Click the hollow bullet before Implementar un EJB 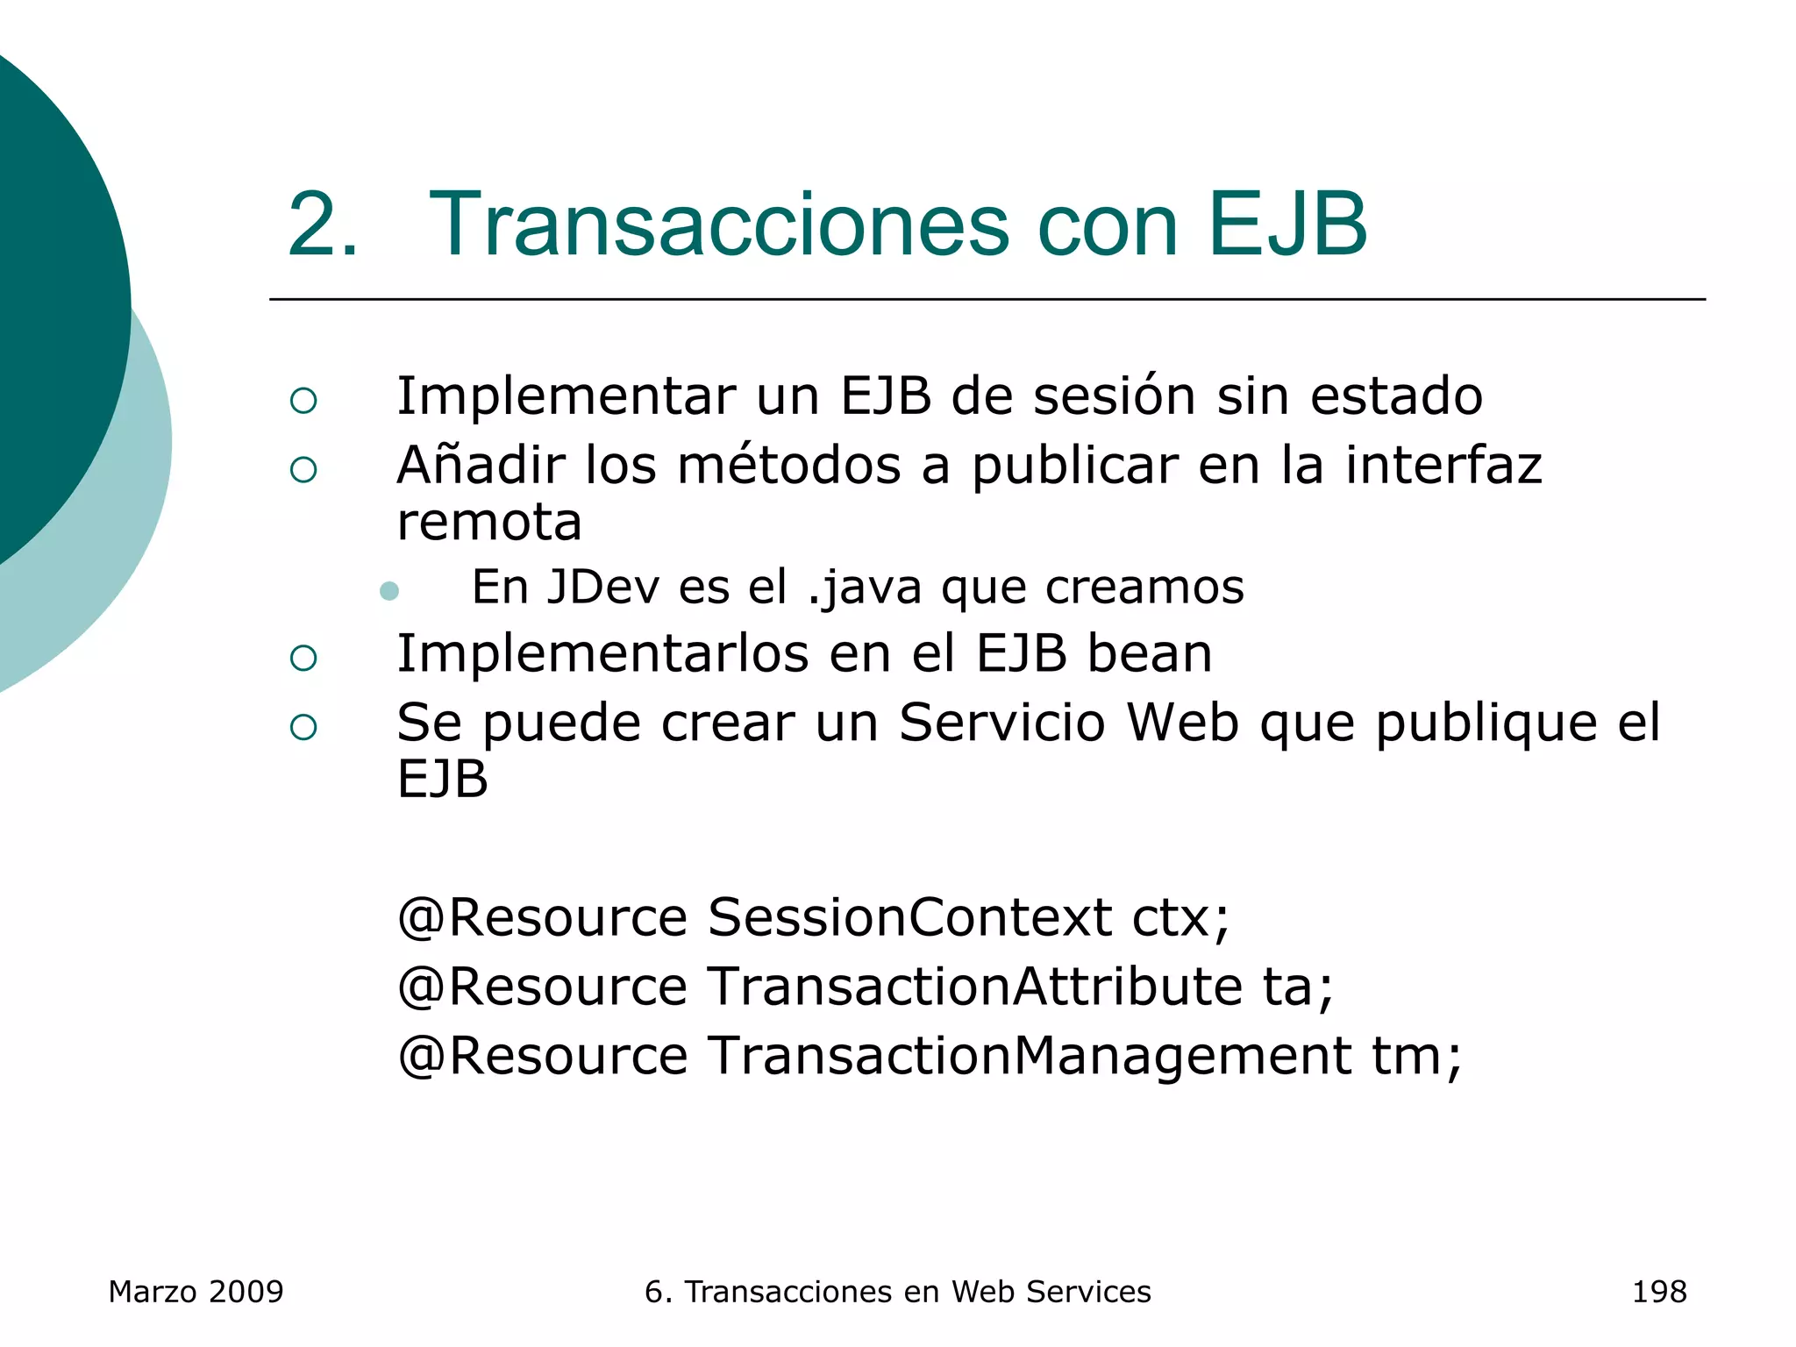[303, 401]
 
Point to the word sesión [1114, 396]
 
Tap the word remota [489, 523]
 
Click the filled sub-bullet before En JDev [389, 591]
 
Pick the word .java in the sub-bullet [864, 588]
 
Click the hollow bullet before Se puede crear [303, 727]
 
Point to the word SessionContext [909, 917]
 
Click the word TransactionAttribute [974, 986]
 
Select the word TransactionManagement [1030, 1055]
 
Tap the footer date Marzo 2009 [196, 1292]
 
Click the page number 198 [1658, 1292]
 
